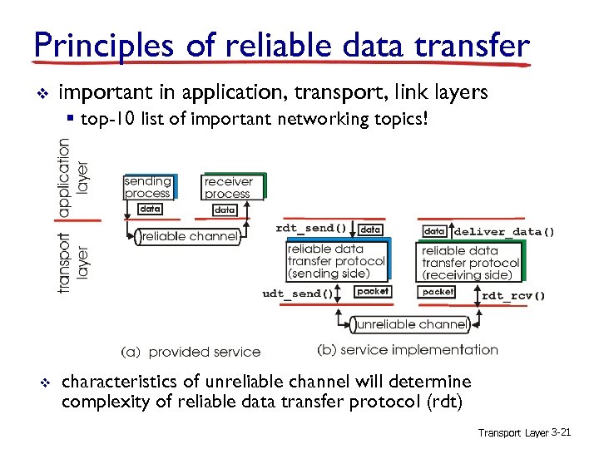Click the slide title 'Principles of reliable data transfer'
pyautogui.click(x=281, y=46)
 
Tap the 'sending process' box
pyautogui.click(x=147, y=187)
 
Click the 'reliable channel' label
pyautogui.click(x=190, y=237)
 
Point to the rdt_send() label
pyautogui.click(x=311, y=228)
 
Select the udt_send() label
pyautogui.click(x=298, y=293)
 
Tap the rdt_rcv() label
pyautogui.click(x=514, y=295)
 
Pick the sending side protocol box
pyautogui.click(x=336, y=261)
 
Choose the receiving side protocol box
pyautogui.click(x=470, y=263)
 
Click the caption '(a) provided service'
pyautogui.click(x=191, y=352)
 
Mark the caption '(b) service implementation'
pyautogui.click(x=408, y=350)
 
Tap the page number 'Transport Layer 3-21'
pyautogui.click(x=523, y=432)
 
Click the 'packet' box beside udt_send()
pyautogui.click(x=372, y=292)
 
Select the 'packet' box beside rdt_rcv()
pyautogui.click(x=438, y=293)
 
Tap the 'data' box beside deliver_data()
pyautogui.click(x=435, y=230)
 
